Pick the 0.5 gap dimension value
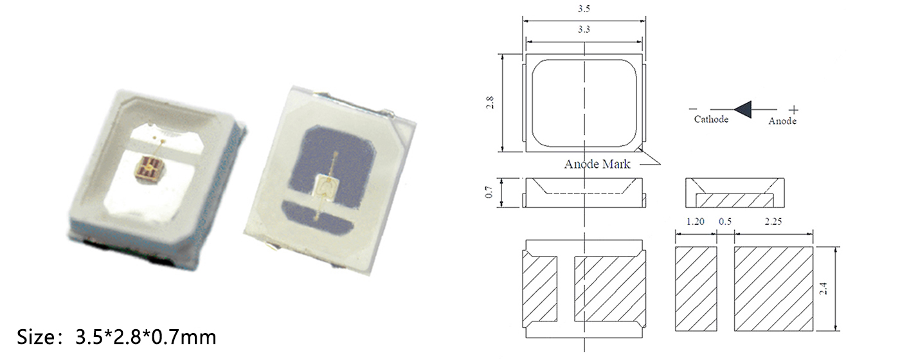(725, 222)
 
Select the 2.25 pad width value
(773, 222)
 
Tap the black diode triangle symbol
(742, 109)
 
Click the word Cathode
(711, 120)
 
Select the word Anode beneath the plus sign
(782, 121)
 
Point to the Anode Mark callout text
(597, 164)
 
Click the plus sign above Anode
(793, 109)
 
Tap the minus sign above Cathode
(693, 109)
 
